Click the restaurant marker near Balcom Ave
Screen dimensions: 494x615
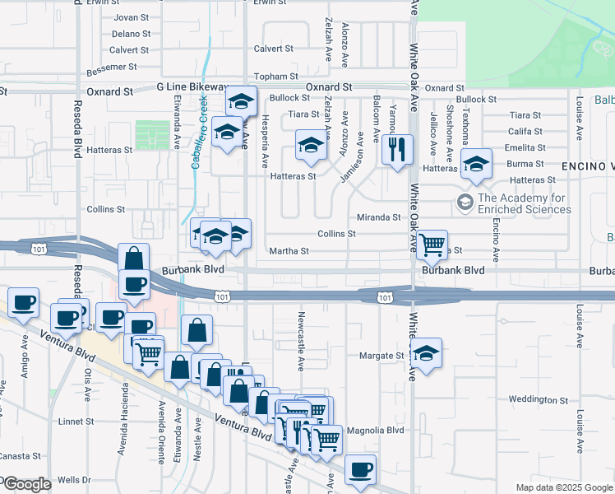coord(397,149)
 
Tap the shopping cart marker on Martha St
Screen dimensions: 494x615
coord(432,244)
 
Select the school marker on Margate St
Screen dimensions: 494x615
coord(426,353)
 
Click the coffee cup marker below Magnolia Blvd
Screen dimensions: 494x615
coord(360,468)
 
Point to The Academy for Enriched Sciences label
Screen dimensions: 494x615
coord(523,203)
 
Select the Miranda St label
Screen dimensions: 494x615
coord(378,217)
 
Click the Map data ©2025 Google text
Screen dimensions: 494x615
coord(562,487)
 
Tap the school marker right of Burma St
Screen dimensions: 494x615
coord(476,163)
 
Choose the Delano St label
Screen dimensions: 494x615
coord(132,34)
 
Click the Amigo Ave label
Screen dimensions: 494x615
coord(25,379)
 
